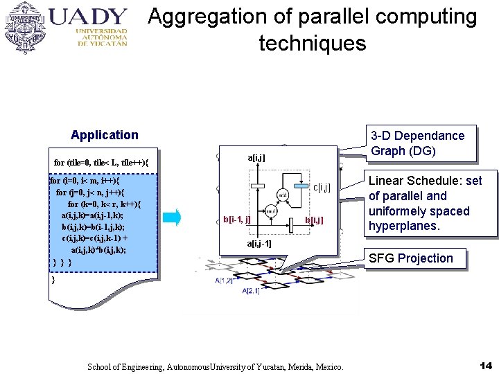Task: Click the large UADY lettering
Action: pos(89,17)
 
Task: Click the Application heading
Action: pos(105,135)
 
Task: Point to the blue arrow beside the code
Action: pos(176,217)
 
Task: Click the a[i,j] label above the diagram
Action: pos(256,159)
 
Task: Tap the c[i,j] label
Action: pos(322,187)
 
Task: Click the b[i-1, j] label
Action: pos(236,220)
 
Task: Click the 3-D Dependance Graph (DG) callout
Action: pos(418,143)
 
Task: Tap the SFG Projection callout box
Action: pos(411,258)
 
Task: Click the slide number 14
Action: pos(484,365)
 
